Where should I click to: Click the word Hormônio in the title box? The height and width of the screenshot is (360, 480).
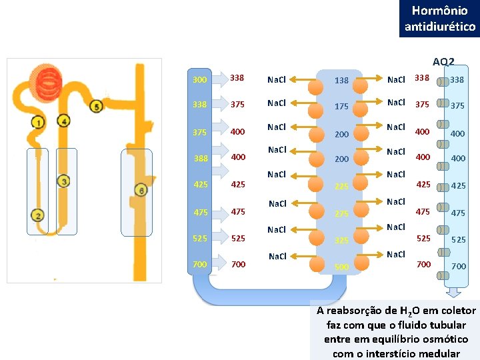(x=439, y=11)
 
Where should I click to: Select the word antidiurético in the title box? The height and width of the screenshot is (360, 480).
(x=440, y=27)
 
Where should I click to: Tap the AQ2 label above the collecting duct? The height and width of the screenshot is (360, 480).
(x=443, y=62)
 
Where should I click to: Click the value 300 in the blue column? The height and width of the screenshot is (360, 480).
(x=199, y=80)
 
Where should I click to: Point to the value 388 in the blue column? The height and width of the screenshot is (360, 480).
(x=201, y=159)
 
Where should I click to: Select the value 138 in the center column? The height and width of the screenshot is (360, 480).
(x=341, y=81)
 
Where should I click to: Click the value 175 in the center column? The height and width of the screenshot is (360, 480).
(x=341, y=106)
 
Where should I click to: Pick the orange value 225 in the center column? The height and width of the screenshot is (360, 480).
(x=341, y=187)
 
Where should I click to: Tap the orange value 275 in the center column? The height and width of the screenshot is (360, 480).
(x=341, y=213)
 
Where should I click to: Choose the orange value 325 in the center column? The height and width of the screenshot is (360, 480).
(x=341, y=240)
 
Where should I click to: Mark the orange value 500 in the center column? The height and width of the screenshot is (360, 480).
(x=341, y=267)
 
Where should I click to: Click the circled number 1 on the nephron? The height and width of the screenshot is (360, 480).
(x=38, y=122)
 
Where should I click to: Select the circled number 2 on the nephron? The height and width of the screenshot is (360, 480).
(x=37, y=215)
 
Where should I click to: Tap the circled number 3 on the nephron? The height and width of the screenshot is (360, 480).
(x=63, y=181)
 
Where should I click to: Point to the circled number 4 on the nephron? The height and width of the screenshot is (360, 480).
(x=64, y=121)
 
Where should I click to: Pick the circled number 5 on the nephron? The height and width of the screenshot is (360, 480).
(x=97, y=107)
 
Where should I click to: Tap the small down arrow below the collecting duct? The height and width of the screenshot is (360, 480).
(x=455, y=291)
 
